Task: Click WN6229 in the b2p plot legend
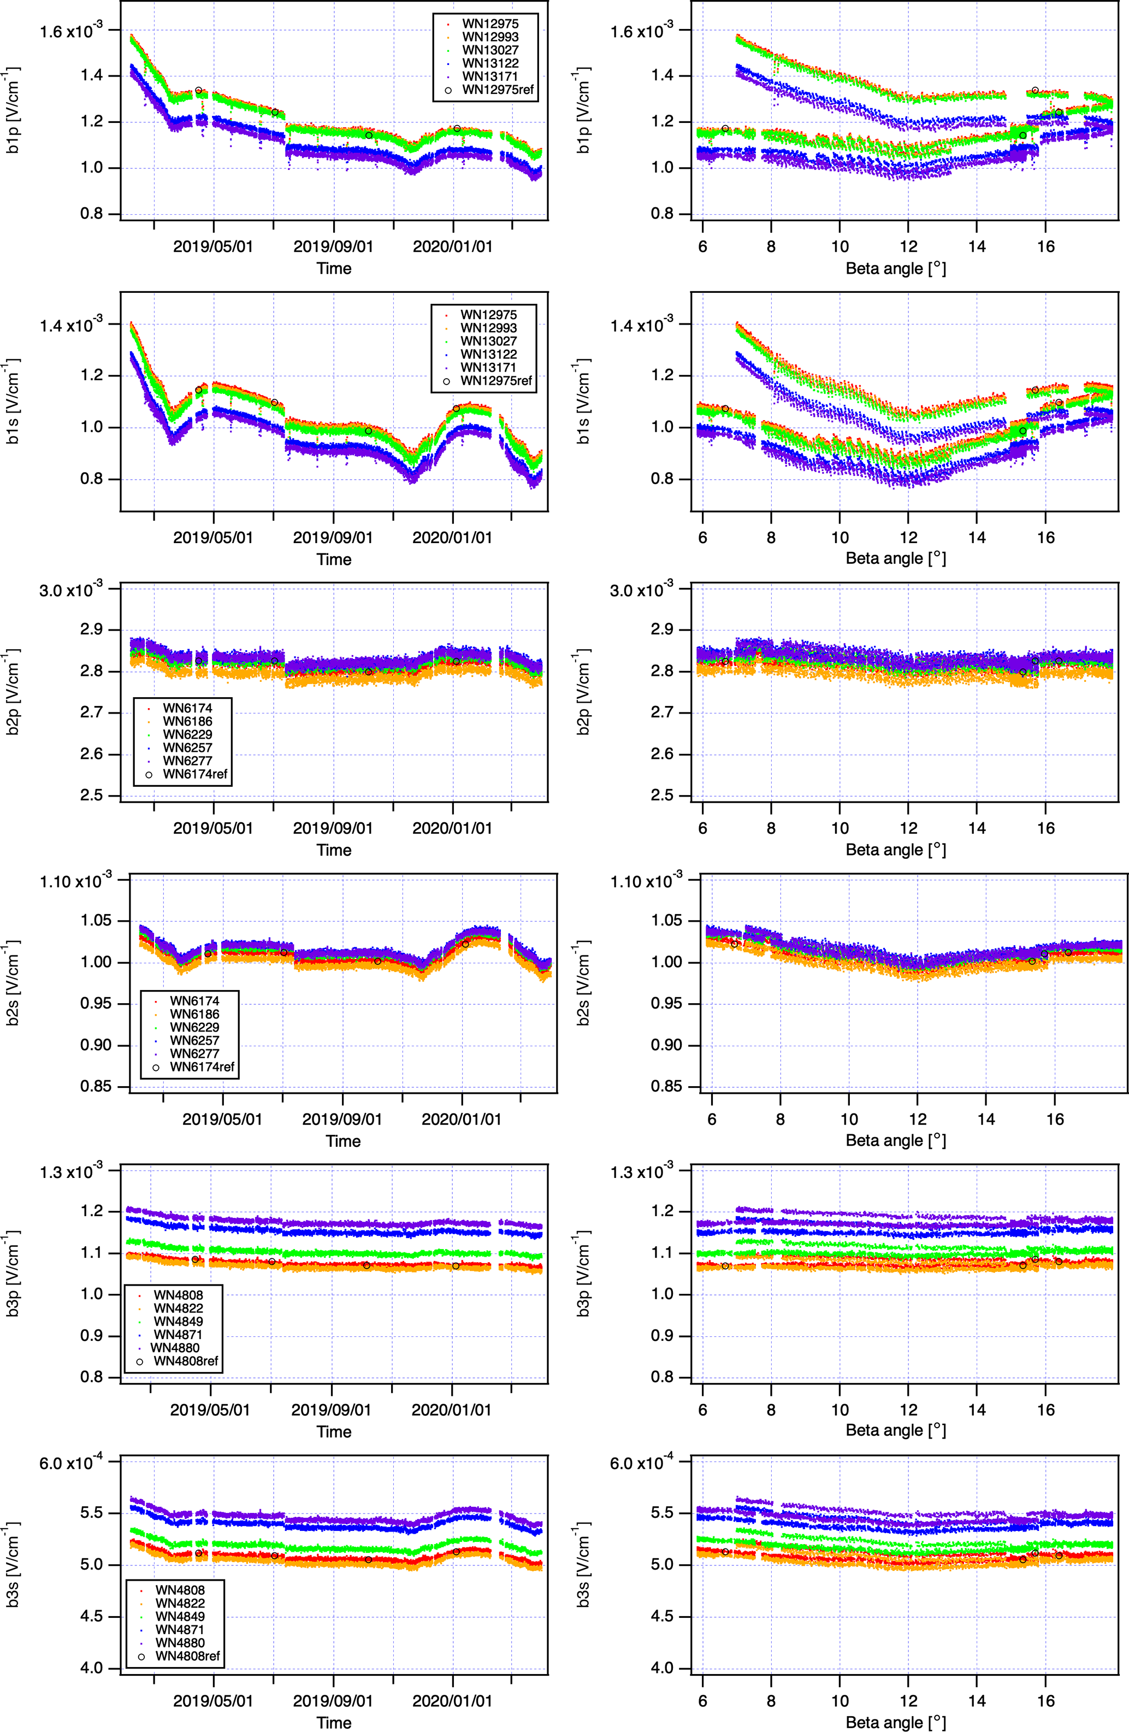[x=187, y=734]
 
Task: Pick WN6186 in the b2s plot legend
[x=194, y=1014]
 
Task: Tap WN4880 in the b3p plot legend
[x=175, y=1348]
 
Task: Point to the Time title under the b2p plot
[x=334, y=850]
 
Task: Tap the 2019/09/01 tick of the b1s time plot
[x=333, y=538]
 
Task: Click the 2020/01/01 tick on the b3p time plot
[x=451, y=1410]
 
